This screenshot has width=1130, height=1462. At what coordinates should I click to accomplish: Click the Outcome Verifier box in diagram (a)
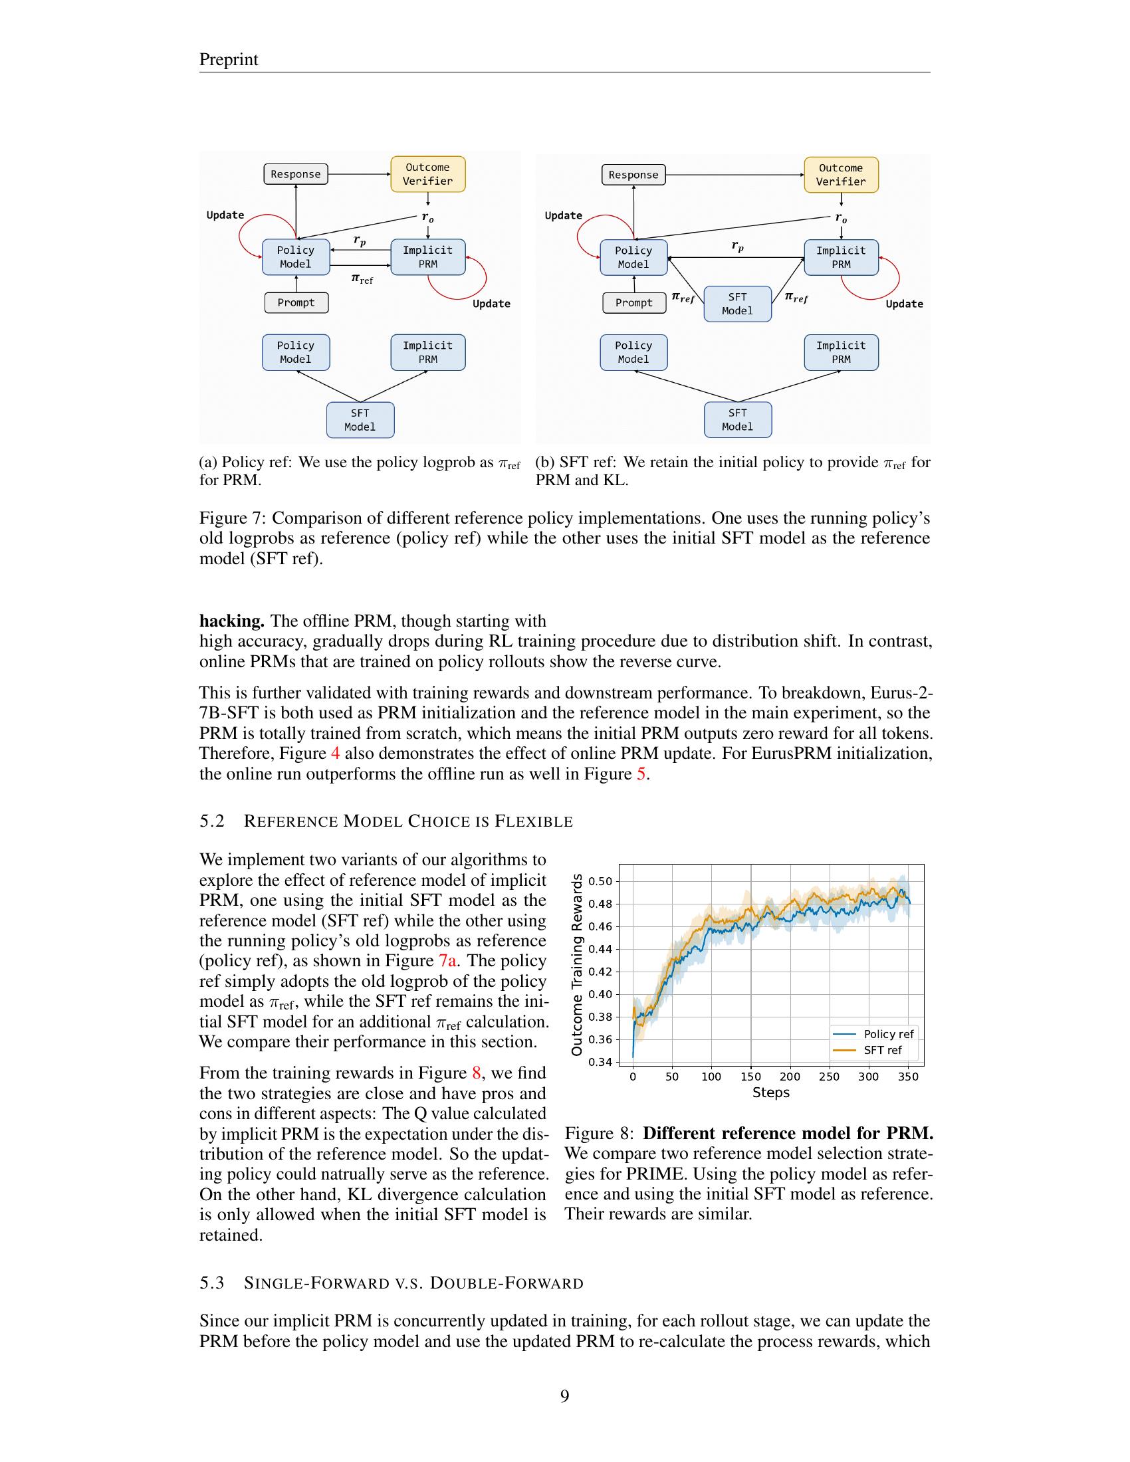coord(428,174)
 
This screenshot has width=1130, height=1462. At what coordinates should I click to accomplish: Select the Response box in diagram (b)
coord(633,175)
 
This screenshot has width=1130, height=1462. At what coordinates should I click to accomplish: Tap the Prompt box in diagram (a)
coord(296,302)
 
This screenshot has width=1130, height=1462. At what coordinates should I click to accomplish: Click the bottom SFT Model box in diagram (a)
coord(360,420)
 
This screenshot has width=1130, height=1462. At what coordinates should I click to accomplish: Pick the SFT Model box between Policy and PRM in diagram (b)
coord(737,304)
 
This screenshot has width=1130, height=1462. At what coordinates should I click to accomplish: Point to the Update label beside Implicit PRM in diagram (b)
coord(904,304)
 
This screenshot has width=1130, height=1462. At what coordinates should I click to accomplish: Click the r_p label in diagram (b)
coord(737,247)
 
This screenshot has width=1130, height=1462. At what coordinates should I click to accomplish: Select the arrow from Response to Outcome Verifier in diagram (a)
coord(359,174)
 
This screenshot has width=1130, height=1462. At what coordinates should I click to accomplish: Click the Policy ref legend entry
coord(887,1034)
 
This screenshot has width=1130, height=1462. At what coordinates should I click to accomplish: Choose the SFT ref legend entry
coord(882,1050)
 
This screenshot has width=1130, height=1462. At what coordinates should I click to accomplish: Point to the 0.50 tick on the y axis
coord(600,881)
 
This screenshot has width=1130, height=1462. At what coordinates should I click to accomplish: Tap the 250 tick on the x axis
coord(829,1077)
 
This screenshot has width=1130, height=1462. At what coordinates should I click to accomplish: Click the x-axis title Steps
coord(770,1093)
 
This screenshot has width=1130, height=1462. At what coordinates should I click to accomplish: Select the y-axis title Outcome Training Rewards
coord(576,965)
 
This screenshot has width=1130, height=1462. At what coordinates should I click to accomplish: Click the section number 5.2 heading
coord(211,821)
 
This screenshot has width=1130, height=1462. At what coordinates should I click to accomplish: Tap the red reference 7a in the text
coord(448,961)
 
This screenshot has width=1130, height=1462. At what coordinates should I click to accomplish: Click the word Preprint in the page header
coord(228,60)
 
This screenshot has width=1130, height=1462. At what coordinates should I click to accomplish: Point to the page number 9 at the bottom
coord(564,1396)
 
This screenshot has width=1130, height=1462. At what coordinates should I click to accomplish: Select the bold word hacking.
coord(231,621)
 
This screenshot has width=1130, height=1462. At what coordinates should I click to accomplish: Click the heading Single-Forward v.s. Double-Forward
coord(413,1283)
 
